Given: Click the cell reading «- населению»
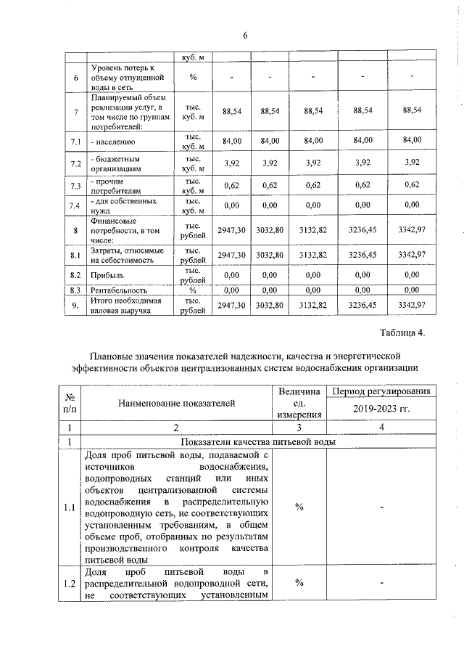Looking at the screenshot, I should click(x=111, y=140).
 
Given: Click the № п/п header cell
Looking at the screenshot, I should click(x=71, y=401).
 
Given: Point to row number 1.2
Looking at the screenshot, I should click(x=71, y=583).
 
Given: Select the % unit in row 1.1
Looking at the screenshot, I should click(x=299, y=507).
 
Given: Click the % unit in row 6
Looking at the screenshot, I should click(x=193, y=77).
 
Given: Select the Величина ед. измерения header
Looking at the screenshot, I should click(x=298, y=401).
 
